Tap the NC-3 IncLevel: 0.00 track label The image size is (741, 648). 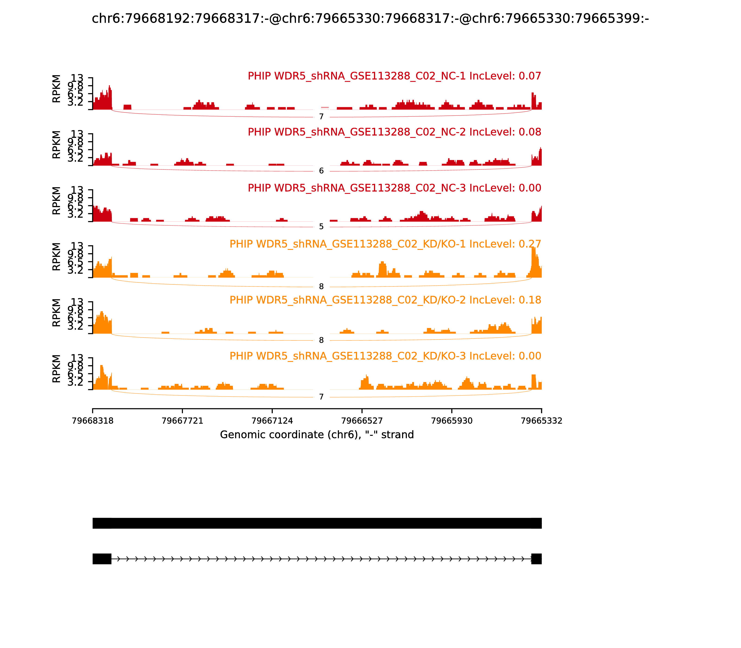[394, 188]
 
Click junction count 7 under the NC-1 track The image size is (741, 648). [321, 116]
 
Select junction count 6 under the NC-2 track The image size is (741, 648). [321, 171]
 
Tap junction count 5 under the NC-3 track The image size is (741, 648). [321, 227]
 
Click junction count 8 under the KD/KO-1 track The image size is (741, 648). [321, 287]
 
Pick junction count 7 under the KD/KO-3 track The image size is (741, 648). [321, 397]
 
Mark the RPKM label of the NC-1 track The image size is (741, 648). [57, 89]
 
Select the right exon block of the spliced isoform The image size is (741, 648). [536, 559]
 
